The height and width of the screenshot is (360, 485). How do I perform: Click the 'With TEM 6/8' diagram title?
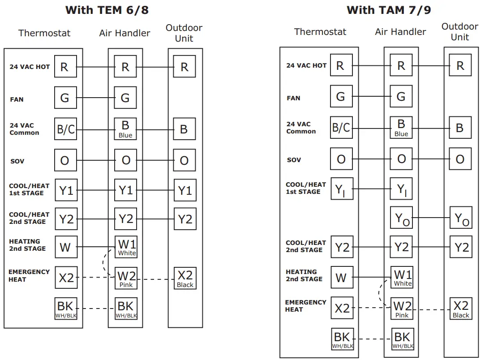pyautogui.click(x=107, y=10)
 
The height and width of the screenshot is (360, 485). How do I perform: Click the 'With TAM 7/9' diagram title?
pyautogui.click(x=389, y=10)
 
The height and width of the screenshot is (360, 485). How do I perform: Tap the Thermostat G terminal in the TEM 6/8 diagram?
pyautogui.click(x=65, y=98)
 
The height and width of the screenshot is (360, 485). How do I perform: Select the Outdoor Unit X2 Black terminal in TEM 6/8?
pyautogui.click(x=185, y=278)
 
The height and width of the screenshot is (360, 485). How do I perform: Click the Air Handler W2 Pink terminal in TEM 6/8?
pyautogui.click(x=126, y=278)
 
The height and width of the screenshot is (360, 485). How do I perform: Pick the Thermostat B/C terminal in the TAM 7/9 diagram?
pyautogui.click(x=341, y=128)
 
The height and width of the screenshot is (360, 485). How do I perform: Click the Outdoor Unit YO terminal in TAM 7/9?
pyautogui.click(x=461, y=218)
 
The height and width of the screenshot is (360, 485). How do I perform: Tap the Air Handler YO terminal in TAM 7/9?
pyautogui.click(x=401, y=218)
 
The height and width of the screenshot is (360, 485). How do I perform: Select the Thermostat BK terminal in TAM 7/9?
pyautogui.click(x=343, y=339)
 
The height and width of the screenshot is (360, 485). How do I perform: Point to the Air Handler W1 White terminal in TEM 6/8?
pyautogui.click(x=126, y=247)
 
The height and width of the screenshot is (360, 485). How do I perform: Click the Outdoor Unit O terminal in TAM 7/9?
pyautogui.click(x=460, y=159)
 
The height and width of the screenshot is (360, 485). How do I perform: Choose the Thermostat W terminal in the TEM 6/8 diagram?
pyautogui.click(x=65, y=247)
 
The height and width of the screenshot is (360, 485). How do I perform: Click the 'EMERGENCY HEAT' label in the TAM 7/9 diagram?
pyautogui.click(x=305, y=306)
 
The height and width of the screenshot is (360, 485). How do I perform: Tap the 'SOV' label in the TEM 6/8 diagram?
pyautogui.click(x=17, y=161)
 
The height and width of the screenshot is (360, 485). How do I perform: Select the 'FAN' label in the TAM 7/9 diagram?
pyautogui.click(x=293, y=98)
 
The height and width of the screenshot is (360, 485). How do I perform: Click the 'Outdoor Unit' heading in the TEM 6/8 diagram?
pyautogui.click(x=184, y=33)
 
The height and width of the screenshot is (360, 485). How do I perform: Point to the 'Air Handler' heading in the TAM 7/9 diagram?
pyautogui.click(x=400, y=32)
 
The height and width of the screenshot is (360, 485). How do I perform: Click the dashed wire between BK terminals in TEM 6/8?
pyautogui.click(x=95, y=309)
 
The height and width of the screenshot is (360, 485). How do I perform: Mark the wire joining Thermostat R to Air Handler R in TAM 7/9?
pyautogui.click(x=371, y=66)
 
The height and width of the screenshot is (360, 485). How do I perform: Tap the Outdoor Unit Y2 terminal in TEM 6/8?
pyautogui.click(x=185, y=219)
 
